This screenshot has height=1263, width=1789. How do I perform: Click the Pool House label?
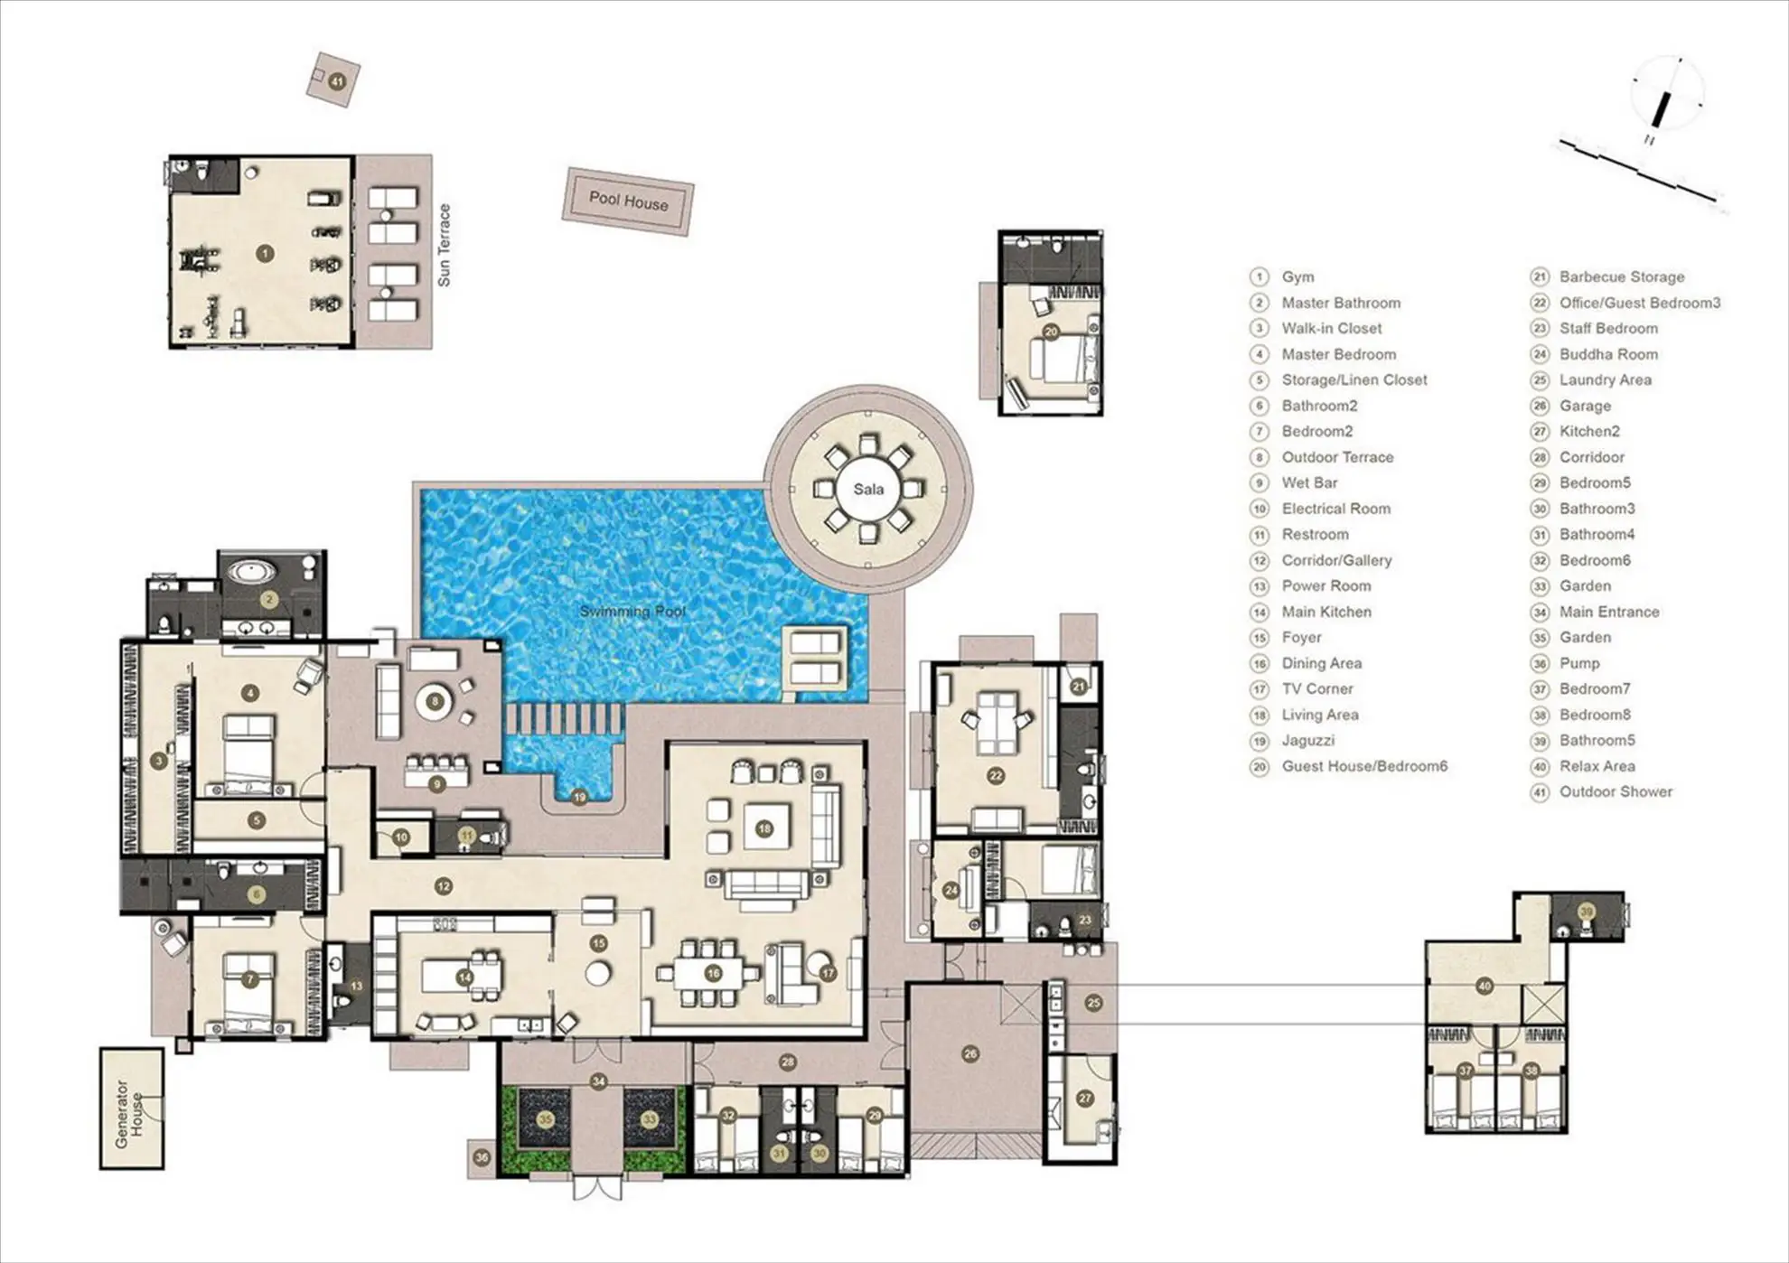pos(629,201)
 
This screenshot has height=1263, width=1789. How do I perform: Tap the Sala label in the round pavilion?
pos(868,490)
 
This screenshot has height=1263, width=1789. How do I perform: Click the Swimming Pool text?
pos(632,612)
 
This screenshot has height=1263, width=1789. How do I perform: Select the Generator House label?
pos(129,1114)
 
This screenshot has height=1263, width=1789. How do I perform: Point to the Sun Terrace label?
pos(444,246)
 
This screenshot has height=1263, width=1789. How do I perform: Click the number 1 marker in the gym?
pos(265,254)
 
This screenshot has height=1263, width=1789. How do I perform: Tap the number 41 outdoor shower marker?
pos(337,81)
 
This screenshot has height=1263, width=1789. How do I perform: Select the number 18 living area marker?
pos(764,828)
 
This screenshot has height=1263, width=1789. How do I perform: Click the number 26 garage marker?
pos(970,1053)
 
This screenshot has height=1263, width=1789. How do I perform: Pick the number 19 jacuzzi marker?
pos(579,797)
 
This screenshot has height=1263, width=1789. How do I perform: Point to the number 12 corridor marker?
pos(443,887)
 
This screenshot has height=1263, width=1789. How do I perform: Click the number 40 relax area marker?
pos(1485,987)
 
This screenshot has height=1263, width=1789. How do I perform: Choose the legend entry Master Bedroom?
pos(1338,354)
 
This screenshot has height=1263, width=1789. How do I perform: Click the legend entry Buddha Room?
pos(1608,354)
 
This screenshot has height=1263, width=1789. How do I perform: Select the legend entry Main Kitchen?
pos(1326,612)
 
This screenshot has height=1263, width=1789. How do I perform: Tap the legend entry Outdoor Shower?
pos(1616,791)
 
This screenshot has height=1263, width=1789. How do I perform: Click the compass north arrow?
pos(1661,111)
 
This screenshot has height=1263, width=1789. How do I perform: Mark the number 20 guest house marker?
pos(1051,332)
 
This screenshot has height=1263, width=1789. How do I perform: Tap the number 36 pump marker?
pos(482,1157)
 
